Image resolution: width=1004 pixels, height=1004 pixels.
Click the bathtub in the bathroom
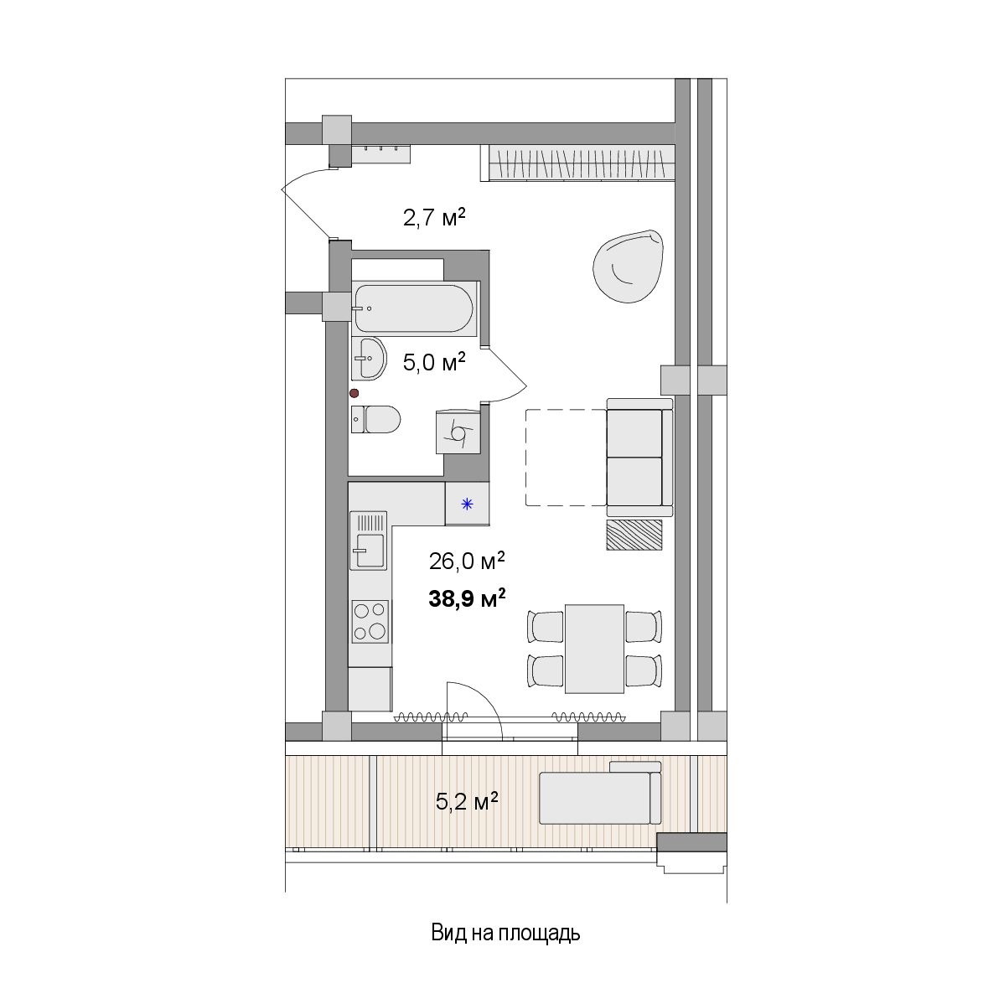[414, 308]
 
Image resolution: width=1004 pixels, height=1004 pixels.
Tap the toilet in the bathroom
[375, 419]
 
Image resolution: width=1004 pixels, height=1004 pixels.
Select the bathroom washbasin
[368, 359]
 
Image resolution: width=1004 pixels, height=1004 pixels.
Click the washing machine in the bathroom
[458, 432]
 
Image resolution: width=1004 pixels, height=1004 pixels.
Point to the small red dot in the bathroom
[354, 393]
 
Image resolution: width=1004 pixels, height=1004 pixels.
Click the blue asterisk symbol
[468, 504]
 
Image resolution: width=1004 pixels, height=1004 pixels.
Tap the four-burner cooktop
[370, 622]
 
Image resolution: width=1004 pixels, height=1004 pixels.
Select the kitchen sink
[368, 541]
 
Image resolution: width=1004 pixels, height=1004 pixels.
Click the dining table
[594, 649]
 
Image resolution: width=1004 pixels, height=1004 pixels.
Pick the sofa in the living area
[639, 458]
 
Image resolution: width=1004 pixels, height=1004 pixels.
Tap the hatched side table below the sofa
[634, 535]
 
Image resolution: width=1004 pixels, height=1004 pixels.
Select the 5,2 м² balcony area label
[467, 801]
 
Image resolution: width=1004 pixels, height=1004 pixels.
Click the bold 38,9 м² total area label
[467, 598]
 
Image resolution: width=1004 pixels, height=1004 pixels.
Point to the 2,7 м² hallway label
[433, 218]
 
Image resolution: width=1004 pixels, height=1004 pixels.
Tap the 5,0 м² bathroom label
[433, 362]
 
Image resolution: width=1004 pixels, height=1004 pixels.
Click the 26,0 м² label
[467, 562]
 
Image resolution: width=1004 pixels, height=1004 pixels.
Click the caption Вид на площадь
[505, 933]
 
